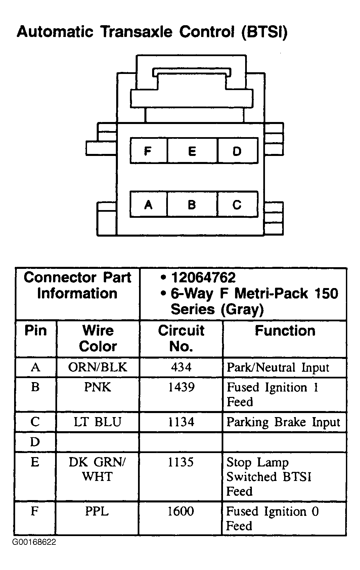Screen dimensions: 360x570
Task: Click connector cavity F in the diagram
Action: (148, 151)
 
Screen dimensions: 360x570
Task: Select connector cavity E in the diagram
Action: (192, 151)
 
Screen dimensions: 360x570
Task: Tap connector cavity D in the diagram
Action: (238, 151)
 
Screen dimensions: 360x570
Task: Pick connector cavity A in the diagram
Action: (148, 204)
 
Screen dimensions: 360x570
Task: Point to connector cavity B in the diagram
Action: (192, 204)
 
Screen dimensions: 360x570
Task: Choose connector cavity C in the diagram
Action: (238, 204)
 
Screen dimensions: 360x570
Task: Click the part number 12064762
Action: (203, 277)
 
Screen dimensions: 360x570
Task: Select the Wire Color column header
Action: (98, 338)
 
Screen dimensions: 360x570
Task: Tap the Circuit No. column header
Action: (181, 338)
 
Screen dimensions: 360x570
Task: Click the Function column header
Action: (285, 331)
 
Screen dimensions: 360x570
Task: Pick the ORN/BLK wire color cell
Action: (97, 367)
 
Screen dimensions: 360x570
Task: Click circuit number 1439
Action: (181, 387)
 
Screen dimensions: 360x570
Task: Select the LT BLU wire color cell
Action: (97, 422)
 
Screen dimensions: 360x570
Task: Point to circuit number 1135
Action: (181, 462)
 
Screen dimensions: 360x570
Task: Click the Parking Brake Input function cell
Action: (283, 422)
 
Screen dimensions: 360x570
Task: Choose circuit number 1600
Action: (181, 511)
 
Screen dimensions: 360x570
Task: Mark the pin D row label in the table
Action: (35, 442)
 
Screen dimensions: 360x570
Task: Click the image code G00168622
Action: (34, 542)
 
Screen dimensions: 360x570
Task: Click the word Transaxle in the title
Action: (137, 32)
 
